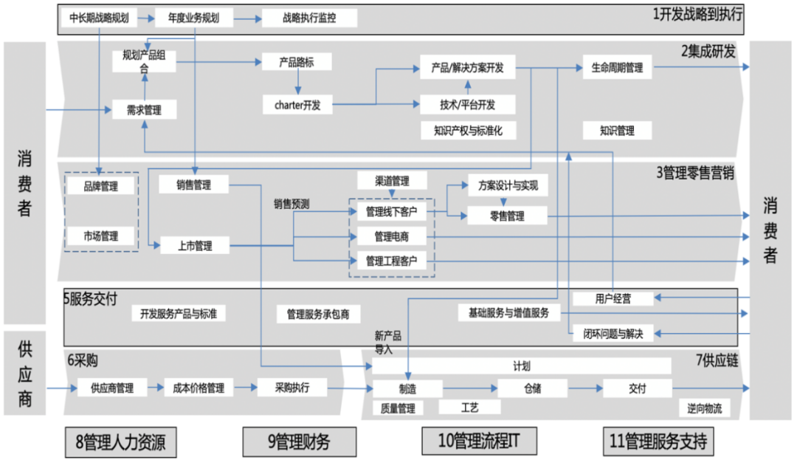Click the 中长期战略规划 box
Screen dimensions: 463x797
(x=98, y=18)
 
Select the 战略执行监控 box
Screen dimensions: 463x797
(x=309, y=18)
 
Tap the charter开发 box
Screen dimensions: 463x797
(x=292, y=105)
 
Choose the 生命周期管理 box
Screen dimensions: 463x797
(x=617, y=68)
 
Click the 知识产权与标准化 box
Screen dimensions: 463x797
(x=468, y=131)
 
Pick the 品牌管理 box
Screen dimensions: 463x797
(x=100, y=187)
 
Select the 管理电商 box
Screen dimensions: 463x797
(x=391, y=237)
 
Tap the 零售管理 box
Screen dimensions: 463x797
(x=506, y=216)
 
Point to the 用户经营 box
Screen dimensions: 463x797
(x=613, y=298)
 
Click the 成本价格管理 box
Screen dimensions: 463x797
(x=199, y=387)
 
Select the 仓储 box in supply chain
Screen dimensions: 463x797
(x=532, y=388)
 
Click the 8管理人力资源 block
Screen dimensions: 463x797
(x=121, y=442)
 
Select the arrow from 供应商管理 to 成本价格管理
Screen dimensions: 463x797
(x=157, y=387)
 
